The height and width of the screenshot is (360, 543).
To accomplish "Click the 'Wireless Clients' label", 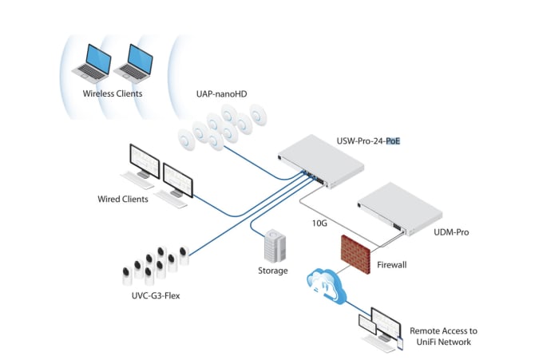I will [113, 93].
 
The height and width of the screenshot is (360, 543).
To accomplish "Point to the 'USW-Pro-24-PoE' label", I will [368, 142].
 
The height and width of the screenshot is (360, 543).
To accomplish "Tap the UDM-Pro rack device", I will [398, 210].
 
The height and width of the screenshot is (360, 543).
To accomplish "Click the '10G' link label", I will [319, 224].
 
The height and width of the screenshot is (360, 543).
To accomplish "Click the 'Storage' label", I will [273, 271].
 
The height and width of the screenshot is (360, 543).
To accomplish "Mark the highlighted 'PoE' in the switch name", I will [392, 142].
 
